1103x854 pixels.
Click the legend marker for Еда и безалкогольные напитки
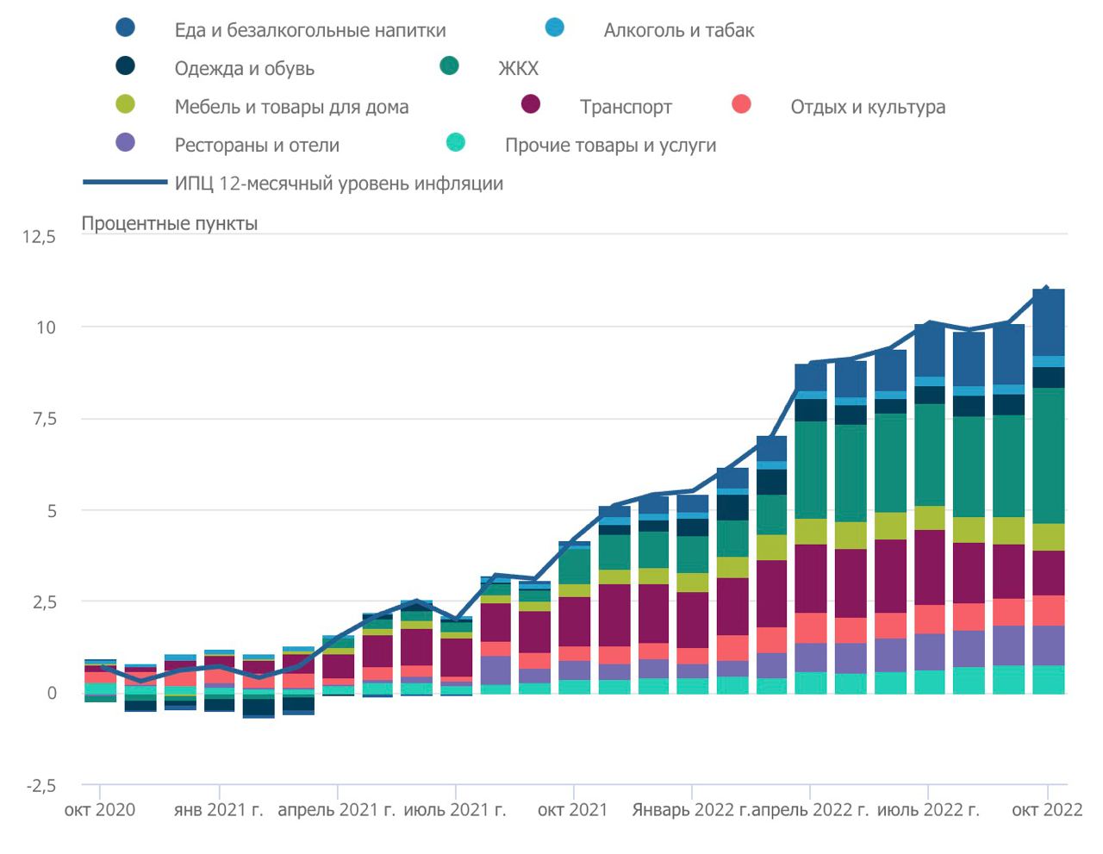[x=126, y=28]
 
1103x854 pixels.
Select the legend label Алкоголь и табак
[x=678, y=30]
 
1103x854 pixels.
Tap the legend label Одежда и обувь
[x=244, y=69]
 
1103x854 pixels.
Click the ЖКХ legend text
[x=518, y=69]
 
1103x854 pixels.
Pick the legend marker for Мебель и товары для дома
[x=126, y=104]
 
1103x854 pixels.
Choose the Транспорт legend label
[x=626, y=107]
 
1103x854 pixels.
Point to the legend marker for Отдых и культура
[x=741, y=104]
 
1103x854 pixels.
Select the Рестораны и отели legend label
[x=257, y=145]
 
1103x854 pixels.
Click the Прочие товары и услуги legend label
[x=610, y=145]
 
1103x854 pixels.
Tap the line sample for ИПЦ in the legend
[x=125, y=182]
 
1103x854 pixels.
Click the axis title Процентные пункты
[x=170, y=223]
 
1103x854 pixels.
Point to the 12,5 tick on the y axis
[x=39, y=236]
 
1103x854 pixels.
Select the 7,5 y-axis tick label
[x=39, y=419]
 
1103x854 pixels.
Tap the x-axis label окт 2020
[x=100, y=810]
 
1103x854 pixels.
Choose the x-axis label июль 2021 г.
[x=455, y=810]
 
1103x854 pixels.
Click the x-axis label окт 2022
[x=1047, y=810]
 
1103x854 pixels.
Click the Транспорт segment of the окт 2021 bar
[x=574, y=620]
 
